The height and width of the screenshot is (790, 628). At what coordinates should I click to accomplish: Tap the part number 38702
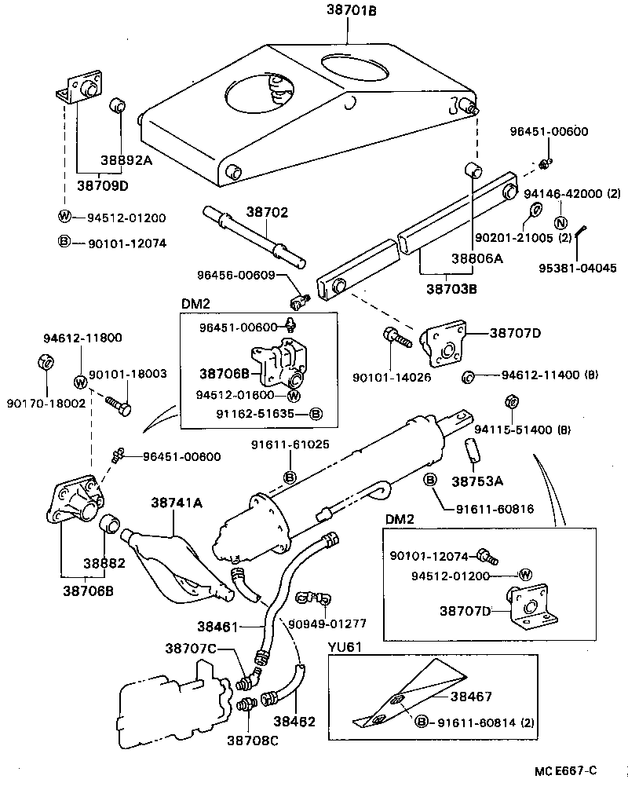(x=267, y=212)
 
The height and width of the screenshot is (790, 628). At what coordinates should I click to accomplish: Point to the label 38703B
(x=451, y=289)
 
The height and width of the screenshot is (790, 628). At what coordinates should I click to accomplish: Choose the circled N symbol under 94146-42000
(x=561, y=222)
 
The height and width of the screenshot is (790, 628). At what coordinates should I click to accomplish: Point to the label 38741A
(x=177, y=503)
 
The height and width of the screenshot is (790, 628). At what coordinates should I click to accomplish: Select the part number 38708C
(x=253, y=740)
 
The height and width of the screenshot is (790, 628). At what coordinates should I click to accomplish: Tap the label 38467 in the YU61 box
(x=471, y=695)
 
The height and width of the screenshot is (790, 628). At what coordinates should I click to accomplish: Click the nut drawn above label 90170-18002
(x=46, y=362)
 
